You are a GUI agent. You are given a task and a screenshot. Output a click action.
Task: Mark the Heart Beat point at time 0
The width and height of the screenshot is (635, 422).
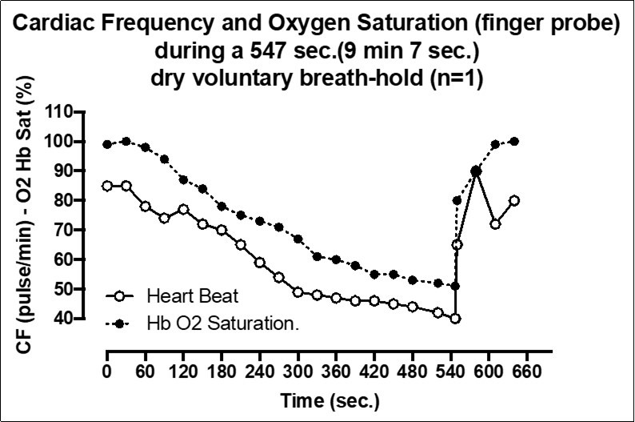(x=107, y=186)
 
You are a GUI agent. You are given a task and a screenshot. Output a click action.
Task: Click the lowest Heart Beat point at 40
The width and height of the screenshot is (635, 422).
(x=455, y=319)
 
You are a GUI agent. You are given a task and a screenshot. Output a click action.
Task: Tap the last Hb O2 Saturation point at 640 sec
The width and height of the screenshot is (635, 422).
(x=514, y=141)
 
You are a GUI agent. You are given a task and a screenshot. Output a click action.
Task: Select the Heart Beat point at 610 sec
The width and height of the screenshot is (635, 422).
(x=495, y=224)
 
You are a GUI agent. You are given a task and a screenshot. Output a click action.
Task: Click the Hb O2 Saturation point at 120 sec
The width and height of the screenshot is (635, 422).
(x=183, y=179)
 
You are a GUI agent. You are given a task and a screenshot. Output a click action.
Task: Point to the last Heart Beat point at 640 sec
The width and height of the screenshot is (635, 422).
(x=514, y=200)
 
